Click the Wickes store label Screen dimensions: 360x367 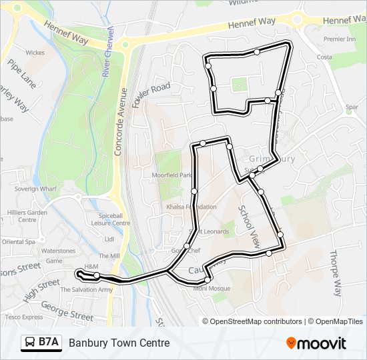pos(35,52)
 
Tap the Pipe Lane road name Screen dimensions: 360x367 pos(23,73)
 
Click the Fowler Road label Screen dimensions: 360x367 pos(151,95)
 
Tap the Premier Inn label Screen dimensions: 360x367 pos(339,39)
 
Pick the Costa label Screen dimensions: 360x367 pos(324,57)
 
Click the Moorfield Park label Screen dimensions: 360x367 pos(171,175)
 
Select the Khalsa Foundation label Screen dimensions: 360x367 pos(192,207)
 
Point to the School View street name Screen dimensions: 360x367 pos(248,226)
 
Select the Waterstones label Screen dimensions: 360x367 pos(59,251)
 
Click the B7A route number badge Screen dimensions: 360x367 pos(41,343)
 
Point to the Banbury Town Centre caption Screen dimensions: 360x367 pos(119,343)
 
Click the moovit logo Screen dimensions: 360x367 pos(316,343)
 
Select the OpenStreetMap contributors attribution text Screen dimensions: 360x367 pos(255,321)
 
